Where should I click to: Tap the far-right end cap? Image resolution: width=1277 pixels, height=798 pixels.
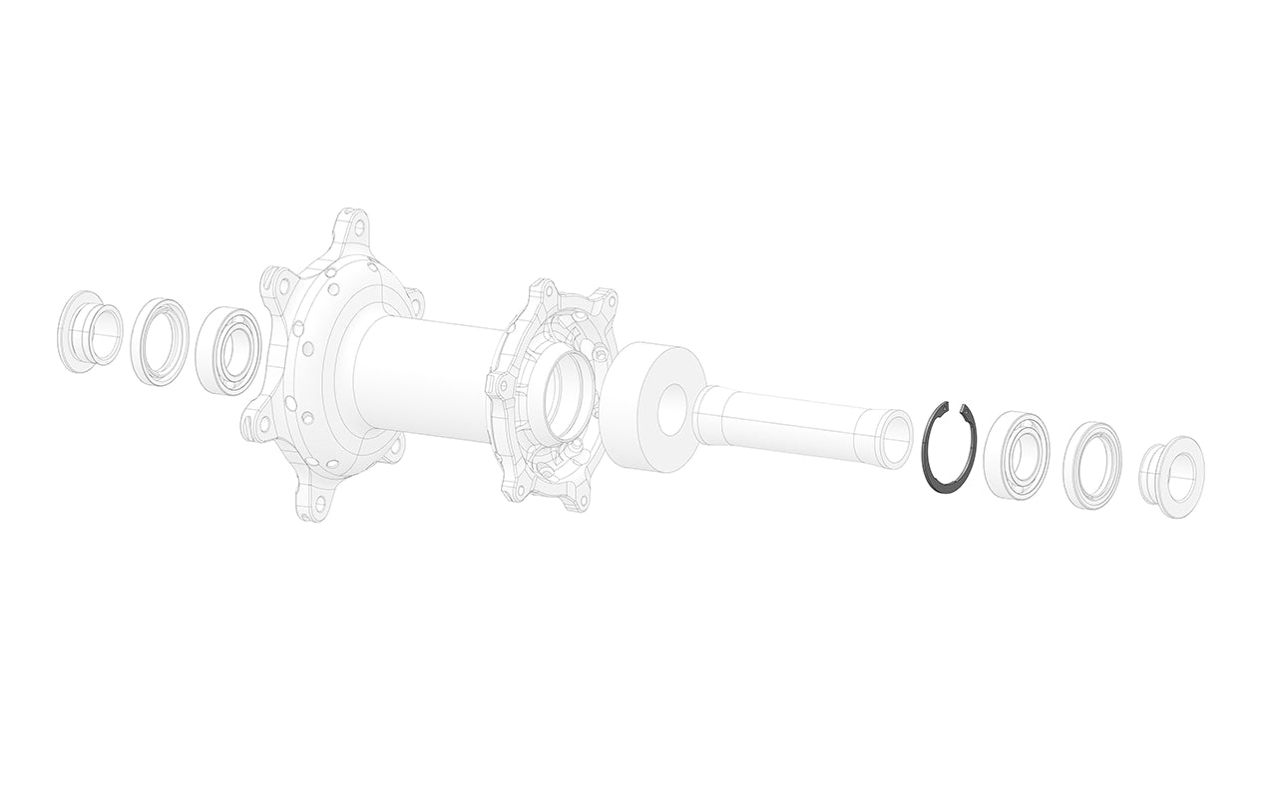point(1173,477)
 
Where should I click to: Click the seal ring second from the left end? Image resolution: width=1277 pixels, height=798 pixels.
point(157,340)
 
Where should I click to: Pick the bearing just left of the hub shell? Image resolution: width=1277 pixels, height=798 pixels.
point(227,351)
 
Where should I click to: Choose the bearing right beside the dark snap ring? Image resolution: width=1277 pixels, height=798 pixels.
point(1016,454)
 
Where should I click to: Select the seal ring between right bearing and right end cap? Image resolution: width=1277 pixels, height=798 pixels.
point(1091,465)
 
